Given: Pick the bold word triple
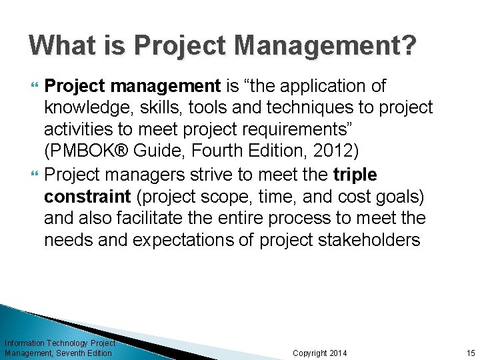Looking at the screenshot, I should pos(354,175).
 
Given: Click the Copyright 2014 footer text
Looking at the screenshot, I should pos(320,353).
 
